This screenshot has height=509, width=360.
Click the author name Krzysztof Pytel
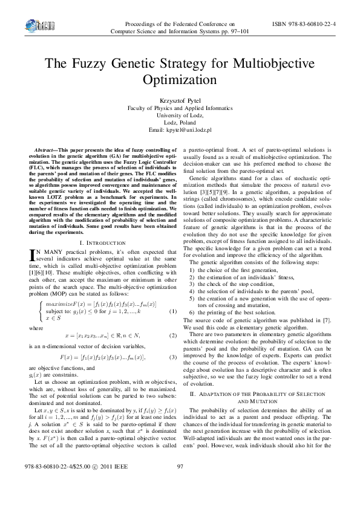[180, 100]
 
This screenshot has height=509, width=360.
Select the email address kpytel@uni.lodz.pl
[180, 130]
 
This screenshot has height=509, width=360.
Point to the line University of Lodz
[180, 115]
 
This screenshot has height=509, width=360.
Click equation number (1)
[172, 294]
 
